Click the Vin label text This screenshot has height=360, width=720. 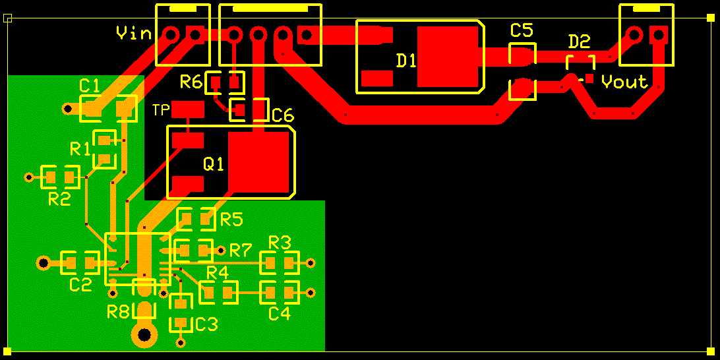[x=134, y=32]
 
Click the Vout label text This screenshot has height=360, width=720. [x=624, y=82]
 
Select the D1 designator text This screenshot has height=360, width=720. [x=406, y=61]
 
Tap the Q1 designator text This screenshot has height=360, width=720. [x=214, y=164]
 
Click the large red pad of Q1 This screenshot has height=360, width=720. [x=258, y=162]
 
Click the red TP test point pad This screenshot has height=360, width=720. [x=188, y=109]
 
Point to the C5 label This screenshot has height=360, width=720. [x=521, y=30]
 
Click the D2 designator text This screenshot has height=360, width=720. [x=579, y=42]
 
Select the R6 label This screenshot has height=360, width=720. [x=191, y=82]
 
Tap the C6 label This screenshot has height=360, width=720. [x=282, y=116]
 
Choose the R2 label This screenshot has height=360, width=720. [x=59, y=199]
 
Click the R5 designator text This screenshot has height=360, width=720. [x=231, y=218]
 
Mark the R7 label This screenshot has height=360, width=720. [x=241, y=250]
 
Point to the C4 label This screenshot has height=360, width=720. [x=279, y=314]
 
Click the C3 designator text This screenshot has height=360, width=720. [x=206, y=324]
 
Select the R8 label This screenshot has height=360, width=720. [x=119, y=312]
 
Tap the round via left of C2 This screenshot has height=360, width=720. [x=44, y=263]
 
